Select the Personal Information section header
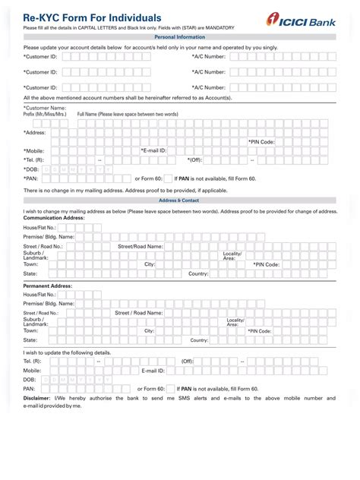coord(179,36)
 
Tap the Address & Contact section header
coord(179,201)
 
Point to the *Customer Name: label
coord(45,108)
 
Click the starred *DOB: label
coord(32,169)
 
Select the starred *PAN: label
coord(32,178)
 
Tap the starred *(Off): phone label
coord(194,160)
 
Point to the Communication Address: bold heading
coord(54,218)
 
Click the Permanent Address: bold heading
coord(48,286)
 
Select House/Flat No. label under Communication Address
coord(40,227)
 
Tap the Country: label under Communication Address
coord(198,273)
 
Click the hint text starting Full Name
coord(128,114)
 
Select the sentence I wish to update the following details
coord(67,352)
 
